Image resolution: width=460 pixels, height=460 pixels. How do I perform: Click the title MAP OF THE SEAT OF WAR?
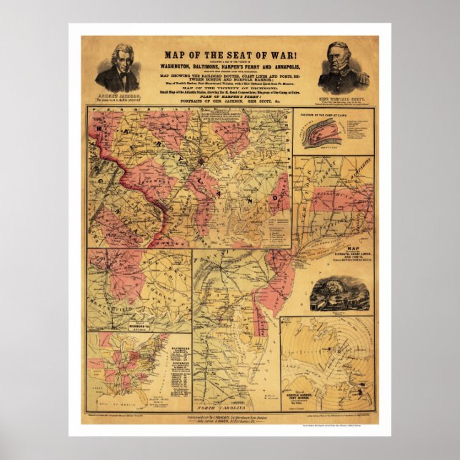tap(229, 54)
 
